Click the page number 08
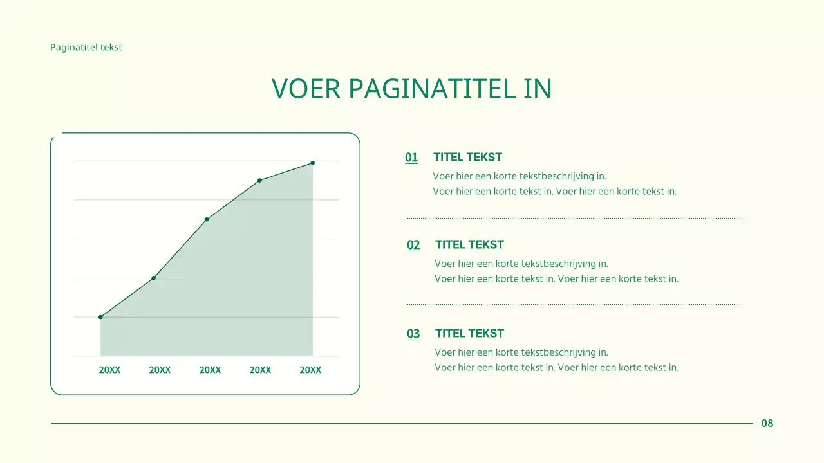[x=767, y=423]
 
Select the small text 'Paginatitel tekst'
[x=86, y=47]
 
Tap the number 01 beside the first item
[x=411, y=158]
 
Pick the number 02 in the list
[x=413, y=245]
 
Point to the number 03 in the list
[x=413, y=334]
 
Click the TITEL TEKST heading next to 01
[x=467, y=157]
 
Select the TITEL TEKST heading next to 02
[x=469, y=244]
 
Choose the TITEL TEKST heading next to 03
[x=469, y=333]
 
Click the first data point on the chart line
[x=100, y=317]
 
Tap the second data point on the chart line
[x=153, y=278]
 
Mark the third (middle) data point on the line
[x=207, y=219]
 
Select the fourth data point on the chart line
[x=259, y=180]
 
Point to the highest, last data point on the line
[x=313, y=163]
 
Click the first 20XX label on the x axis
[x=109, y=370]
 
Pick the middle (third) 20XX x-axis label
[x=210, y=370]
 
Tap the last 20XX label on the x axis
[x=310, y=370]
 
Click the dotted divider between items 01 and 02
[x=574, y=218]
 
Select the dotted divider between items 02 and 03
[x=573, y=304]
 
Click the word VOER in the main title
[x=305, y=89]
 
